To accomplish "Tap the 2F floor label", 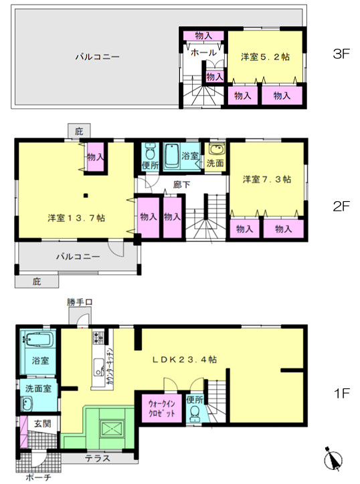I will click(x=342, y=207).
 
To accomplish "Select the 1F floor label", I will click(x=342, y=393).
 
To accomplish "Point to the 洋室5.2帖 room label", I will click(x=266, y=57).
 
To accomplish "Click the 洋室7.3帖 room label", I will click(x=267, y=179).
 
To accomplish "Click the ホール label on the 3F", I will click(x=203, y=52).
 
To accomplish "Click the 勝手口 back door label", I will click(x=78, y=303).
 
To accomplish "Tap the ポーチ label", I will click(x=37, y=478).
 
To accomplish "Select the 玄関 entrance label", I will click(x=42, y=422).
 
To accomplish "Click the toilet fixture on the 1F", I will click(x=194, y=416).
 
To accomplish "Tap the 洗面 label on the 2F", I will click(x=215, y=162).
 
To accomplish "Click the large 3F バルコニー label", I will click(x=97, y=57).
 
